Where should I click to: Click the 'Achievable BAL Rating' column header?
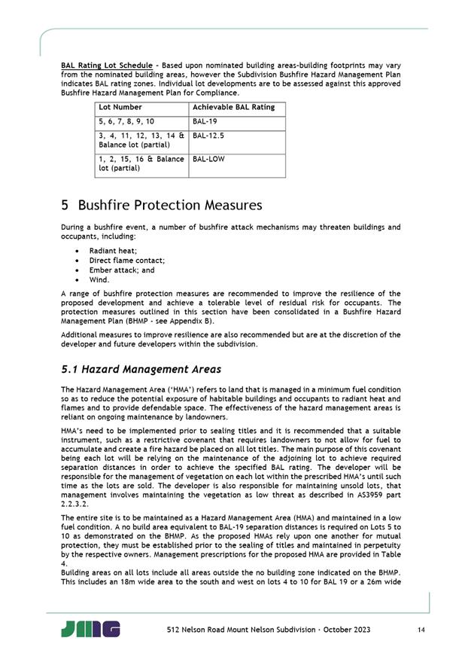pos(233,108)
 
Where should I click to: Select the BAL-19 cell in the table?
pos(204,121)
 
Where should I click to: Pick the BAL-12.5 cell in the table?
pos(208,136)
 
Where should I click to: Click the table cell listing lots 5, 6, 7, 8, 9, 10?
pos(126,121)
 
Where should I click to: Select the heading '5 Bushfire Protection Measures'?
pos(161,205)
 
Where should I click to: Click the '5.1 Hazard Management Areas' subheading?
pos(141,369)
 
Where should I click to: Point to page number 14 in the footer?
pos(418,629)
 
